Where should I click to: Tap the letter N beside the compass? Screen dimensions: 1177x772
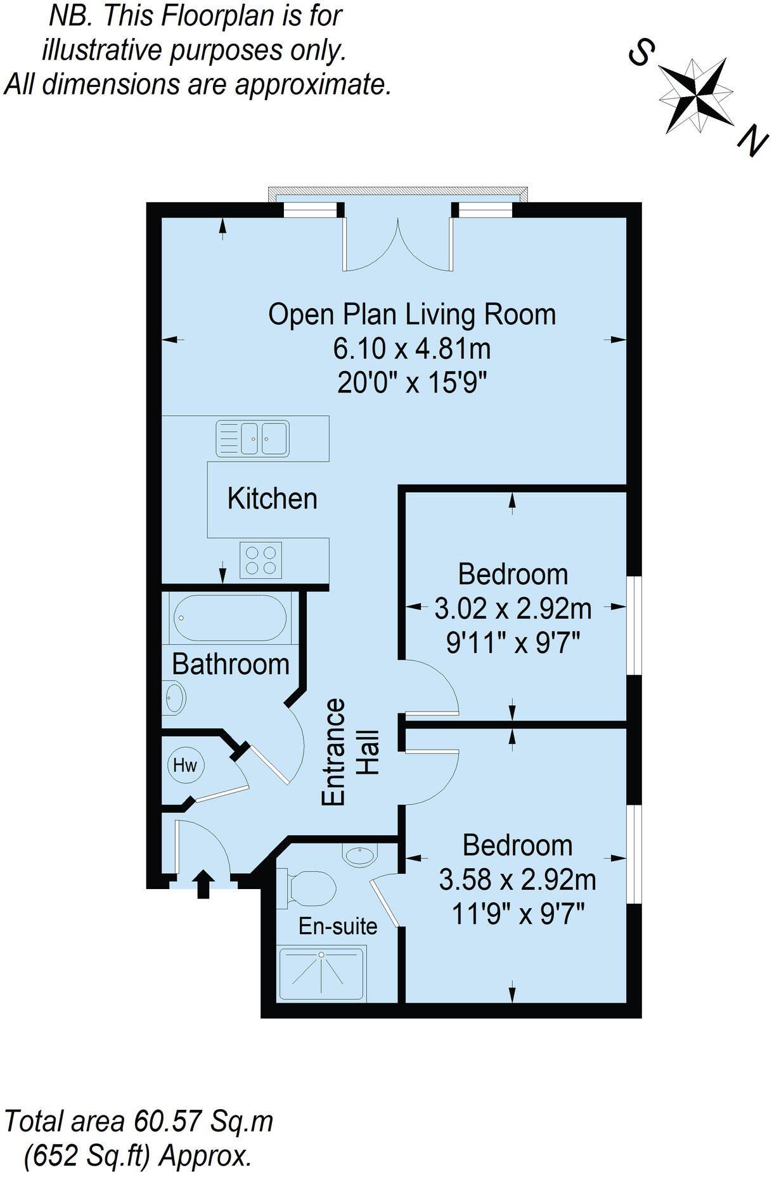tap(752, 141)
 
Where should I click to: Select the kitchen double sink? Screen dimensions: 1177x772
tap(252, 438)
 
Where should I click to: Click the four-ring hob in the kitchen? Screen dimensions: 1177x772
tap(261, 560)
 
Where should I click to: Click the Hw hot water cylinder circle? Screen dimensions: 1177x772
tap(185, 765)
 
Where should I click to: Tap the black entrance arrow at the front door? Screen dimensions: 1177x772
tap(203, 884)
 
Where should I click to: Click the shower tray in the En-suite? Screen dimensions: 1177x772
tap(321, 974)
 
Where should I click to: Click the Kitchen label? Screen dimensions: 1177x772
tap(272, 499)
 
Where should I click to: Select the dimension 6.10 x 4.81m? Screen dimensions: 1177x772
tap(412, 349)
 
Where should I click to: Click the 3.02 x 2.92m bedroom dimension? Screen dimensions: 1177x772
tap(513, 609)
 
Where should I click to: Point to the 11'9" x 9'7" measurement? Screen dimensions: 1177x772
tap(518, 914)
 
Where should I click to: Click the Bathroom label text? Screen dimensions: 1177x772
tap(231, 665)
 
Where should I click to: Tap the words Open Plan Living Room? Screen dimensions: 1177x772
tap(412, 315)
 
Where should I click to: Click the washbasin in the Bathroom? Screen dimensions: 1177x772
tap(174, 698)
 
